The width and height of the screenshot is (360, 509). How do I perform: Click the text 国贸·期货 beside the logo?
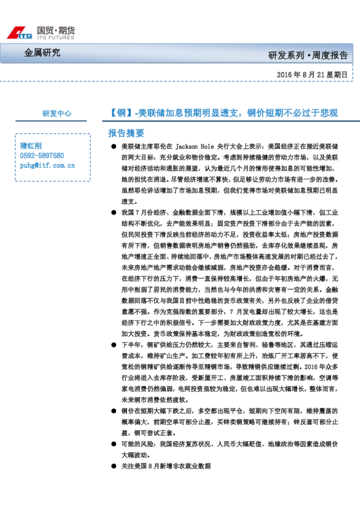point(56,29)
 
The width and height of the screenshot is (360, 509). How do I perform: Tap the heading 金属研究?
point(42,53)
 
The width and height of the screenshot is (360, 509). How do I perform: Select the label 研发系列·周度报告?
point(308,56)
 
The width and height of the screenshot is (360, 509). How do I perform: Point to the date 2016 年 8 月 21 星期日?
point(312,75)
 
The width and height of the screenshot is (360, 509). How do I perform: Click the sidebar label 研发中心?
point(57,113)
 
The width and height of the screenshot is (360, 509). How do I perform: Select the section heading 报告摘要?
point(126,132)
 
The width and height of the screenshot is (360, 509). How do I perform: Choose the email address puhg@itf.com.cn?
point(47,164)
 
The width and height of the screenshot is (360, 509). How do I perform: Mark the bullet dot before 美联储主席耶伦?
point(113,147)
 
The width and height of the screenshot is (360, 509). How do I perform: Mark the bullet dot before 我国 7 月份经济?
point(113,213)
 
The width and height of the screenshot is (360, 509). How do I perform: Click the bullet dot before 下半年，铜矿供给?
point(113,345)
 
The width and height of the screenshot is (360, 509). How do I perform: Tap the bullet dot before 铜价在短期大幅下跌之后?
point(113,410)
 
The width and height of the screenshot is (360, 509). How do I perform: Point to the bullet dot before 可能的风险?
point(113,444)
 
